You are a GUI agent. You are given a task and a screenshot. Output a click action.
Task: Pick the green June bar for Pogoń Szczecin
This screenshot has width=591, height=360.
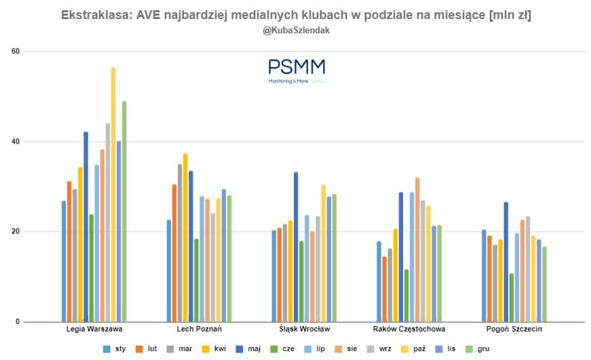512,298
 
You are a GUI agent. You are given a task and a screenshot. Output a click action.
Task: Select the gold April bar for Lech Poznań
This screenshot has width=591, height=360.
185,237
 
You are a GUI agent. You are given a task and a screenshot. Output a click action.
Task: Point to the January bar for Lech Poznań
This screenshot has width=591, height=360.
169,271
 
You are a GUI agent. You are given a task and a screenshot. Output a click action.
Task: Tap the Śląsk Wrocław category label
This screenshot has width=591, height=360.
304,329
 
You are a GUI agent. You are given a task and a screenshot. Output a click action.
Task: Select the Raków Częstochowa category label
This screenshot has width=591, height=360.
409,329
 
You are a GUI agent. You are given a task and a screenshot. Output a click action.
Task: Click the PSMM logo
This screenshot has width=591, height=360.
297,71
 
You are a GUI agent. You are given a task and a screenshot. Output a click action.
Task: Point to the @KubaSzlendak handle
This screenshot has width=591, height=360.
296,31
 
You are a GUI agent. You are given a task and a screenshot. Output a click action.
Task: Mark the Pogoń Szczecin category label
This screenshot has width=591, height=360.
514,329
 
